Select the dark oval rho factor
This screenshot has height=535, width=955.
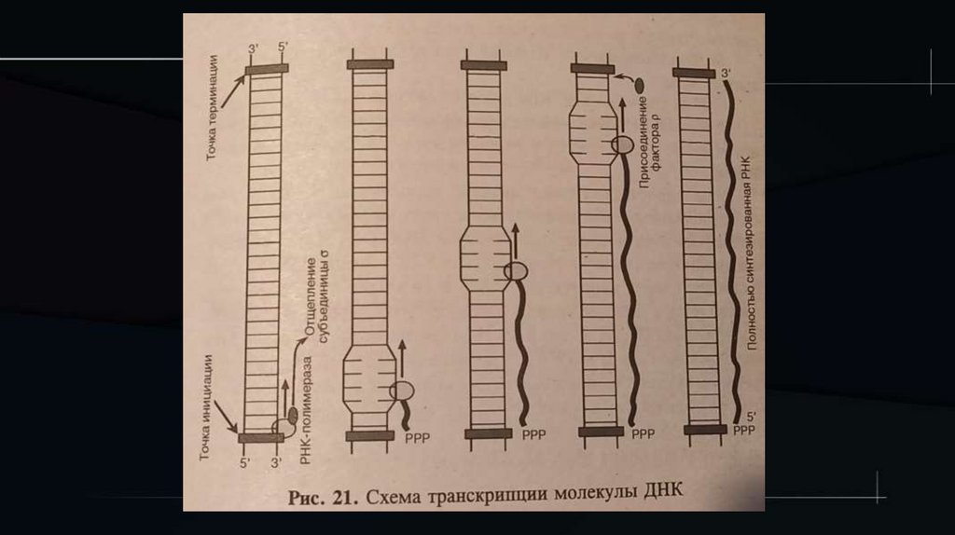[x=642, y=85]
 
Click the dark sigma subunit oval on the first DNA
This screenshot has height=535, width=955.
[x=291, y=413]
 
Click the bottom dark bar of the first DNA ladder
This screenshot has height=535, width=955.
[x=260, y=437]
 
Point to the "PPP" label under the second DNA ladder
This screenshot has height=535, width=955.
[x=415, y=435]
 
